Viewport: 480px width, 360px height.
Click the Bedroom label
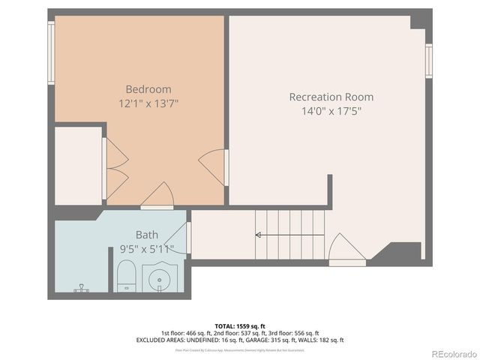tap(148, 88)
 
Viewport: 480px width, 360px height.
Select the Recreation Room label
tap(331, 97)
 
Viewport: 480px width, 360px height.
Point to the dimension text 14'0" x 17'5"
tap(331, 111)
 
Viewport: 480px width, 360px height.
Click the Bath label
tap(147, 235)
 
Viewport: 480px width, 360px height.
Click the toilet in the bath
tap(125, 277)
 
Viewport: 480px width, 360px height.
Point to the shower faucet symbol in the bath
tap(81, 288)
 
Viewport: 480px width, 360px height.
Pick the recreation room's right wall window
tap(429, 60)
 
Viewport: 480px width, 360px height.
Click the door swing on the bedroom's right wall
tap(214, 166)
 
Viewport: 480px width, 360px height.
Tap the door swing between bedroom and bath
tap(157, 197)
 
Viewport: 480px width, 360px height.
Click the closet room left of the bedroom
tap(78, 165)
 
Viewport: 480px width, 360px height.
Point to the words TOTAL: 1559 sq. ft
tap(240, 325)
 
